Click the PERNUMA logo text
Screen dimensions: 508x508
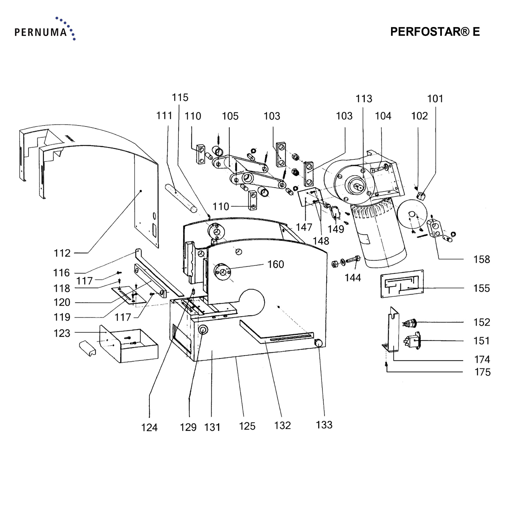click(41, 32)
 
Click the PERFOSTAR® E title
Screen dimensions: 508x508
click(435, 32)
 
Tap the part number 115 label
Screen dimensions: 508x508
click(180, 98)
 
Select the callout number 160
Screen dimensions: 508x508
click(276, 264)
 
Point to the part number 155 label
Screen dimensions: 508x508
click(482, 288)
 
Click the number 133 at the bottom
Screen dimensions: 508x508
click(324, 425)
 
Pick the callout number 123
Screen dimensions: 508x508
click(62, 333)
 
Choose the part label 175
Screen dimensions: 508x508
click(482, 372)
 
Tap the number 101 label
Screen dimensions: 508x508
click(435, 99)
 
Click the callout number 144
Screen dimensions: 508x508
click(353, 278)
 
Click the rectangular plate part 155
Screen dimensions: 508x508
click(402, 284)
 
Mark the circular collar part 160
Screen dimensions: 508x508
click(223, 271)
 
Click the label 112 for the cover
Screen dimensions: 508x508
click(62, 253)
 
